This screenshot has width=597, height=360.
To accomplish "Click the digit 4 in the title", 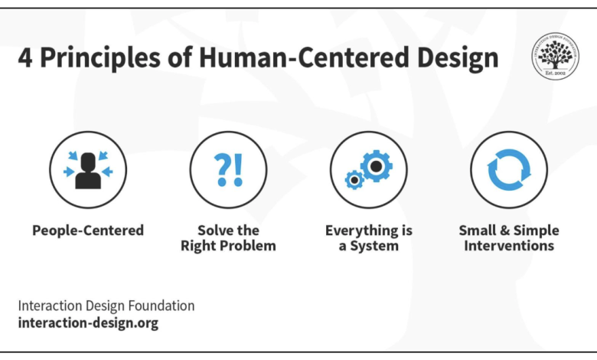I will point(25,59).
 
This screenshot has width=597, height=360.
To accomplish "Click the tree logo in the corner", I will point(556,55).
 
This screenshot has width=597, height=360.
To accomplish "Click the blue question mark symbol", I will point(222,169).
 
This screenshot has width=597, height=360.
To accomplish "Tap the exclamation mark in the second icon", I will point(238,169).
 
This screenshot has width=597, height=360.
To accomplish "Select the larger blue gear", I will point(377,165).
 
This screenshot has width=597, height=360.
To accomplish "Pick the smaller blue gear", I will point(354,180).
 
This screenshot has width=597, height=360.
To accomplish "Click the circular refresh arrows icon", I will point(508,169).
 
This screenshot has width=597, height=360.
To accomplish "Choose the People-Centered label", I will point(88,230).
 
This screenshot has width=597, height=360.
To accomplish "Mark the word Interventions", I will point(508,246).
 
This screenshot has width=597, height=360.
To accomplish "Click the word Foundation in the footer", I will point(158,306).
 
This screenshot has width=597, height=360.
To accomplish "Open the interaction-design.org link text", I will point(88,322).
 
